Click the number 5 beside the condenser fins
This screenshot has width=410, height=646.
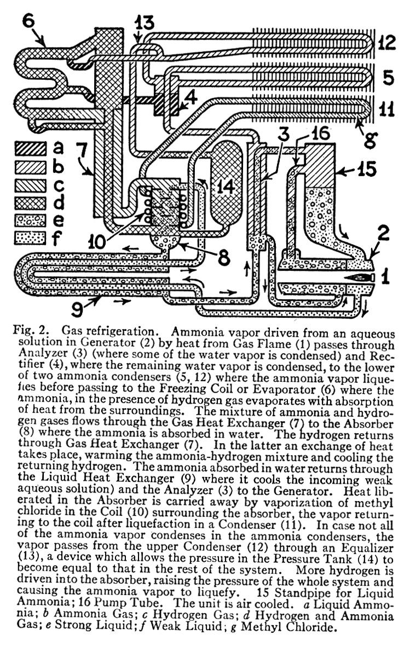(x=388, y=77)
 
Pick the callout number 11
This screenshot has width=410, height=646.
(x=388, y=109)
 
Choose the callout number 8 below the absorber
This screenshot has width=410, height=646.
(x=223, y=258)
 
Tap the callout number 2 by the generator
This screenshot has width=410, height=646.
(x=383, y=233)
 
